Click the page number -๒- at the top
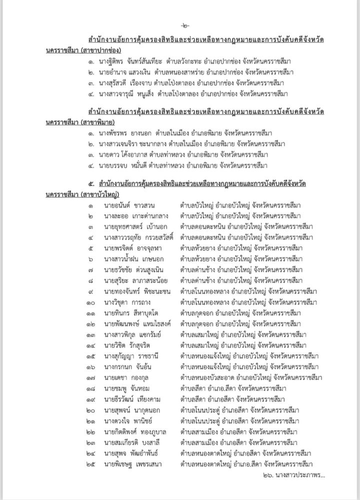click(180, 25)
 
